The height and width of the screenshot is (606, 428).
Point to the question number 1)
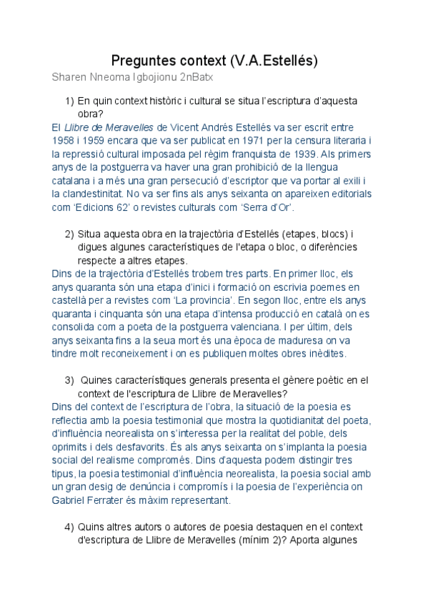click(69, 101)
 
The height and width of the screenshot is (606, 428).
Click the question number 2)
click(69, 234)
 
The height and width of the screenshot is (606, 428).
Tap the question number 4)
click(69, 527)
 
